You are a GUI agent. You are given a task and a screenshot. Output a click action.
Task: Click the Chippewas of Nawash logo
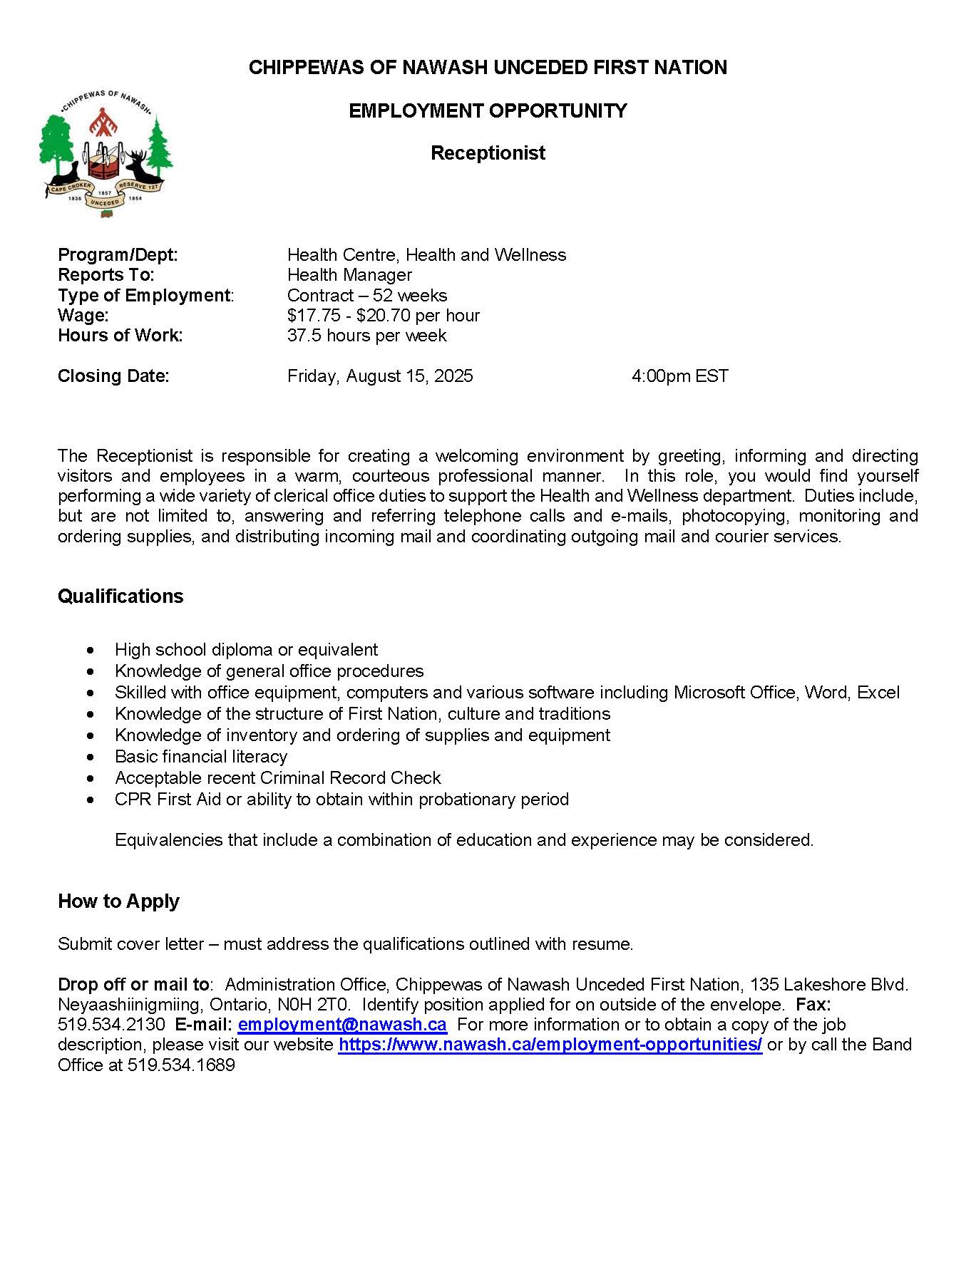point(106,154)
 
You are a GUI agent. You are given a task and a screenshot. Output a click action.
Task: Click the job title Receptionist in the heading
point(488,153)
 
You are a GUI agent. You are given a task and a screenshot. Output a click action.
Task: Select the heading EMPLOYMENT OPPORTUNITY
point(488,111)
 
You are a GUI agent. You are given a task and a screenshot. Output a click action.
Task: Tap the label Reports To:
point(106,275)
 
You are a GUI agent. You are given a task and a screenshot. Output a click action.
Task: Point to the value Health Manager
point(349,275)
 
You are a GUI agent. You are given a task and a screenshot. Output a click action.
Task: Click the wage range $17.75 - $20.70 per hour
point(383,316)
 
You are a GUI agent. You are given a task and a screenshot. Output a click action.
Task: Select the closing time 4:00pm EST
point(679,376)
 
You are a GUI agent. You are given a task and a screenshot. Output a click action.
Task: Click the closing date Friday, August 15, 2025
point(380,376)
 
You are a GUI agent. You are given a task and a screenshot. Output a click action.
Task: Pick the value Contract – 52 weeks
point(367,296)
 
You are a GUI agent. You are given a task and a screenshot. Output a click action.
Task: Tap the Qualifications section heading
point(120,596)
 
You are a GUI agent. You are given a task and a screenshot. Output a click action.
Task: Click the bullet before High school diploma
point(90,651)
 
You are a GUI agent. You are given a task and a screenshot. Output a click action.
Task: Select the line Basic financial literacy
point(201,757)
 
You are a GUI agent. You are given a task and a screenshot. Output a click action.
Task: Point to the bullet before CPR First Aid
point(90,800)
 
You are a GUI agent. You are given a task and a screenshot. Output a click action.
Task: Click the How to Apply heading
point(118,901)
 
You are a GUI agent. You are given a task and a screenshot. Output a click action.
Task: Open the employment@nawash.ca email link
point(342,1025)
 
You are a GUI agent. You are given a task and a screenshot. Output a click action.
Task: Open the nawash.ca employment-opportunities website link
point(550,1045)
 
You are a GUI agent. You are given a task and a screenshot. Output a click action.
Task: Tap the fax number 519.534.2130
point(111,1025)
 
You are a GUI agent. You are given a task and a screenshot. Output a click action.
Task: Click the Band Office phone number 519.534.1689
point(181,1065)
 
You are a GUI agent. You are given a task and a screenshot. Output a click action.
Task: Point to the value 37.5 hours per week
point(366,336)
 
